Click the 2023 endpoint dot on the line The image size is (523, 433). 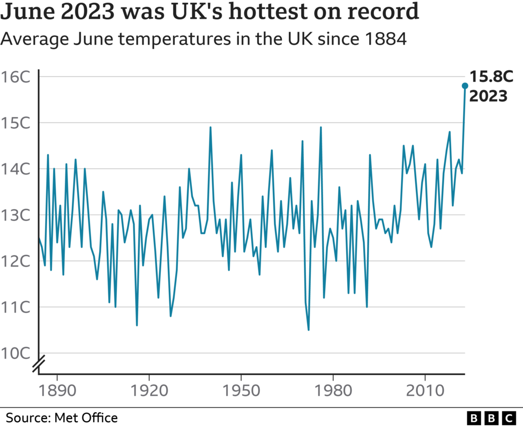click(465, 86)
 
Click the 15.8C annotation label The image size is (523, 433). click(491, 77)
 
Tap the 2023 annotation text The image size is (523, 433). click(488, 96)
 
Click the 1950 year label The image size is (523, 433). click(241, 389)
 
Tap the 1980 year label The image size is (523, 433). click(333, 389)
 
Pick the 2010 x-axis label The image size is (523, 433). click(425, 389)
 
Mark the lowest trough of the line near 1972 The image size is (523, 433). click(309, 330)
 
